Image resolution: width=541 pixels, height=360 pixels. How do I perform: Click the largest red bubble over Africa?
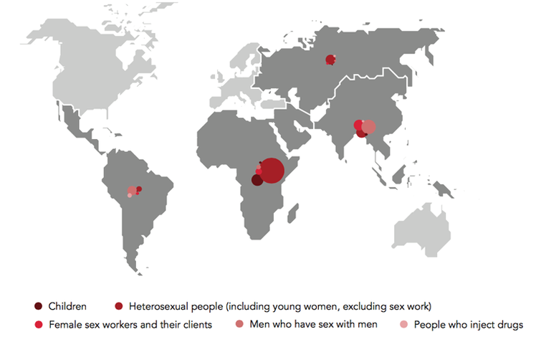point(272,171)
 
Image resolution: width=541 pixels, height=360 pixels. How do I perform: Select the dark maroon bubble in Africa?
point(257,180)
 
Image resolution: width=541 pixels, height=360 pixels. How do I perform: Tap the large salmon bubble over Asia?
point(368,128)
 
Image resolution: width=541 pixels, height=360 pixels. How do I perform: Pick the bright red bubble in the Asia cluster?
point(358,125)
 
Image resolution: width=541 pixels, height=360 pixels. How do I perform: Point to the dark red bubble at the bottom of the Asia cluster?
point(362,133)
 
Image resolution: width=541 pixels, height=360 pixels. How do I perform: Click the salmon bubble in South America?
point(133,191)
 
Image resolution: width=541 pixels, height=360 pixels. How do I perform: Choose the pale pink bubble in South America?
point(130,196)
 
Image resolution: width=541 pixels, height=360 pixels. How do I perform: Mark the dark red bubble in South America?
point(139,189)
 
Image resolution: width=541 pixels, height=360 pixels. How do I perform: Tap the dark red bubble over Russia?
point(330,60)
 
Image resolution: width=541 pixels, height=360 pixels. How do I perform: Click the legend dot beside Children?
point(38,307)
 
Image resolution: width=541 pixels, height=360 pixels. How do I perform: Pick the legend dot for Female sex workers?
point(38,325)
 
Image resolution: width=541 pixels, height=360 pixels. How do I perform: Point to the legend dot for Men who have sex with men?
point(239,325)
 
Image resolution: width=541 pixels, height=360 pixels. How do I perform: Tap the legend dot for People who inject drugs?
point(403,325)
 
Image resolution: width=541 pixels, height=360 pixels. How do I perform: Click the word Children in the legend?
point(67,307)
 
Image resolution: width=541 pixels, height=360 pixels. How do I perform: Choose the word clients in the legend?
point(196,325)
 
